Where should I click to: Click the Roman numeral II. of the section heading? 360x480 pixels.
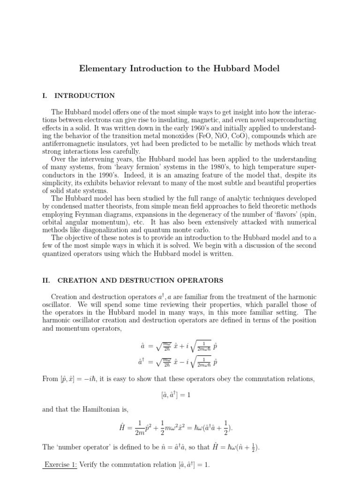pyautogui.click(x=46, y=280)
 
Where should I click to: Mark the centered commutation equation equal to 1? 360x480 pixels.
pyautogui.click(x=180, y=395)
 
